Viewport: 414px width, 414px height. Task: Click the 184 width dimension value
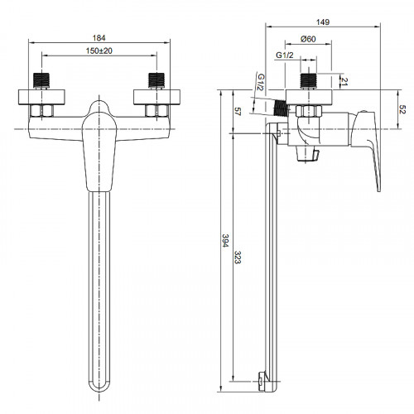(x=99, y=38)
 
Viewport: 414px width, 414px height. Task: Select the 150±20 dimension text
(x=99, y=51)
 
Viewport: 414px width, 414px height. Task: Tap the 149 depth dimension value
(x=323, y=22)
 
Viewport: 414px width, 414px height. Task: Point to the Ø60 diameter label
(x=308, y=39)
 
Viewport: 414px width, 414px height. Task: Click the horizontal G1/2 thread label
(x=285, y=55)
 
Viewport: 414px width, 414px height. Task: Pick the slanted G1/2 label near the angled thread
(x=261, y=82)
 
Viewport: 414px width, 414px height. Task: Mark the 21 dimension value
(x=344, y=82)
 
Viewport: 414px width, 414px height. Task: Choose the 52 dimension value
(x=402, y=109)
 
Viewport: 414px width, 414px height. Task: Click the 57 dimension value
(x=238, y=112)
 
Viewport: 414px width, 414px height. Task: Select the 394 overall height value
(x=226, y=240)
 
